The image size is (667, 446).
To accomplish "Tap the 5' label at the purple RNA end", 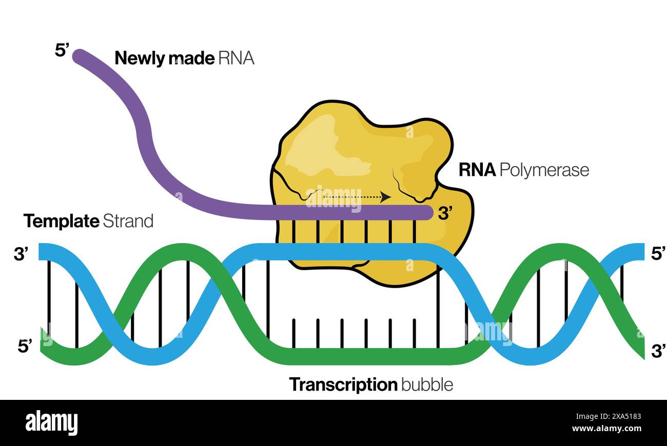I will click(62, 50).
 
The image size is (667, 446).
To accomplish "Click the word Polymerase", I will click(544, 170).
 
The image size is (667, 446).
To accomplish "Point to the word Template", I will click(61, 221).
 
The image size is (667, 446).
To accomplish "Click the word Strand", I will click(128, 221).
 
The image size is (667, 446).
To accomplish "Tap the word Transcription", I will click(343, 384).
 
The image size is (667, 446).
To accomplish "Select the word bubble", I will click(427, 384).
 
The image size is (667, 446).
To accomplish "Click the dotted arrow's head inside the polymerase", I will click(387, 196).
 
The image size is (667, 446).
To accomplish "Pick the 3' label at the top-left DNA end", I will click(21, 254).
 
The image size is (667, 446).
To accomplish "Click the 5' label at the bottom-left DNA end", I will click(25, 346).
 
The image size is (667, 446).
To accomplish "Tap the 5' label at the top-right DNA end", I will click(658, 253).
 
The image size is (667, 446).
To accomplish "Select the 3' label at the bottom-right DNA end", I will click(658, 351).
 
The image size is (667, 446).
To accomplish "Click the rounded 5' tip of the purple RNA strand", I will click(79, 55).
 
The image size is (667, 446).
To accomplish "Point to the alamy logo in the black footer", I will click(51, 423).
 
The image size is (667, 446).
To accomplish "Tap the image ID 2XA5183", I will click(621, 416).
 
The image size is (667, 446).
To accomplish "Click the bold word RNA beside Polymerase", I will click(477, 170).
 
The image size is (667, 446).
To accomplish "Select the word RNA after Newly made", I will click(236, 58).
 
